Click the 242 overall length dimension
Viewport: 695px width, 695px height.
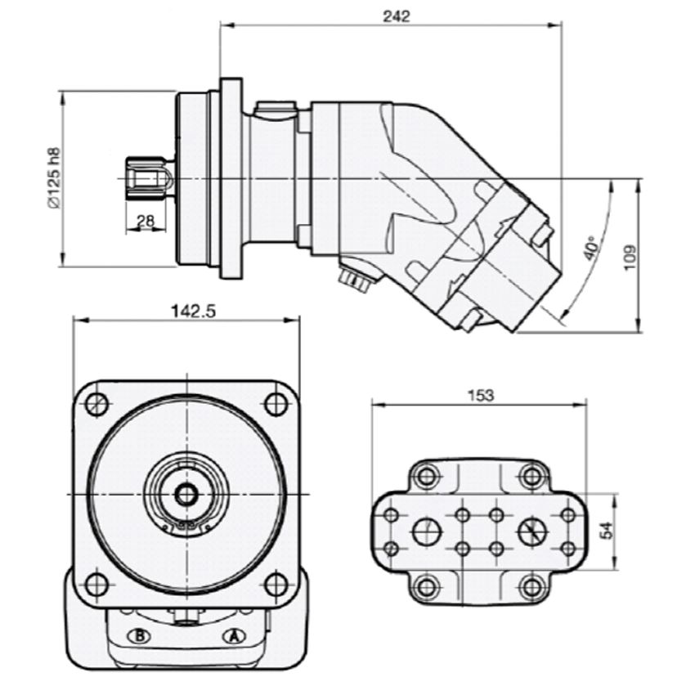point(397,16)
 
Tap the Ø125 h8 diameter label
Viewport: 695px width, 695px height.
point(54,177)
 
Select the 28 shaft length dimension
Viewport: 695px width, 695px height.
point(145,221)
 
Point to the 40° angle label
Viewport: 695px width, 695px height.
point(591,250)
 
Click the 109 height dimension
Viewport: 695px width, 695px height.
point(630,258)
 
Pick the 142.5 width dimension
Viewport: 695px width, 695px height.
point(193,312)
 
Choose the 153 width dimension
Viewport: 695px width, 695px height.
point(481,395)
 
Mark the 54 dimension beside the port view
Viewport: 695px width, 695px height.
point(606,531)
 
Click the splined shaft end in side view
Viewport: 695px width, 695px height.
point(150,178)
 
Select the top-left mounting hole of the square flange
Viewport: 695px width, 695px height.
point(96,403)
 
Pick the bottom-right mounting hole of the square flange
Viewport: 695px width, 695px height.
point(276,585)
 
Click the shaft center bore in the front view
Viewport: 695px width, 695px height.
point(186,494)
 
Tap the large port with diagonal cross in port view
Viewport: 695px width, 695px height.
point(532,531)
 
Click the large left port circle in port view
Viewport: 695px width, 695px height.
point(428,531)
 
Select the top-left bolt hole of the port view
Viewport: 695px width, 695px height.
point(426,477)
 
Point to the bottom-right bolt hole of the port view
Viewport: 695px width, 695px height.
point(531,586)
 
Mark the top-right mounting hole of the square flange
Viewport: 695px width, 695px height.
point(276,403)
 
